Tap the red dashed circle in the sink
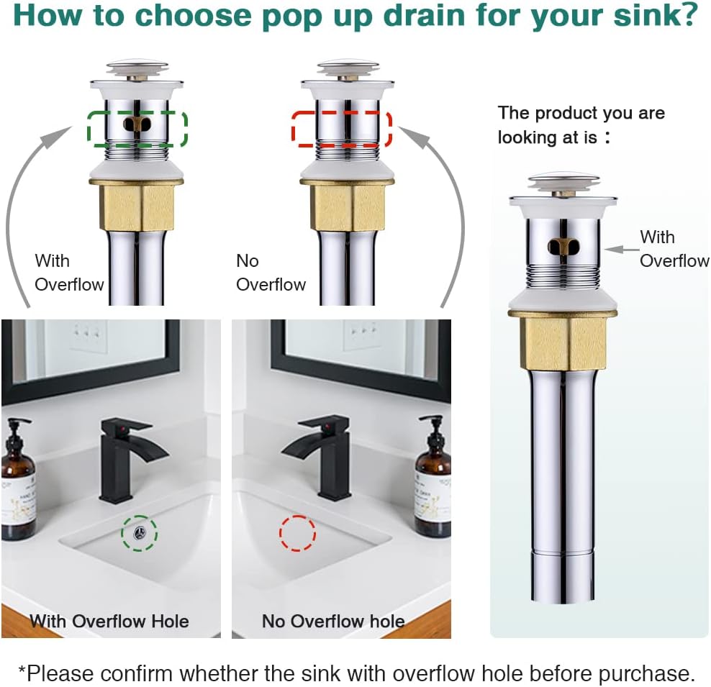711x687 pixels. click(x=297, y=533)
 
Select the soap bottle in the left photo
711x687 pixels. click(x=18, y=482)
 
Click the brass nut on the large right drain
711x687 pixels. click(x=563, y=342)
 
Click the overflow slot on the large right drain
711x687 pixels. click(x=563, y=247)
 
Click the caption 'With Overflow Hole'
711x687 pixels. click(x=109, y=621)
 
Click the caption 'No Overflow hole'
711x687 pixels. click(x=332, y=621)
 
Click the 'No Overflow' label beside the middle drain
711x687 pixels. click(x=271, y=273)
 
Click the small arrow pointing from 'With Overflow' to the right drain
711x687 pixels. click(x=620, y=249)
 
